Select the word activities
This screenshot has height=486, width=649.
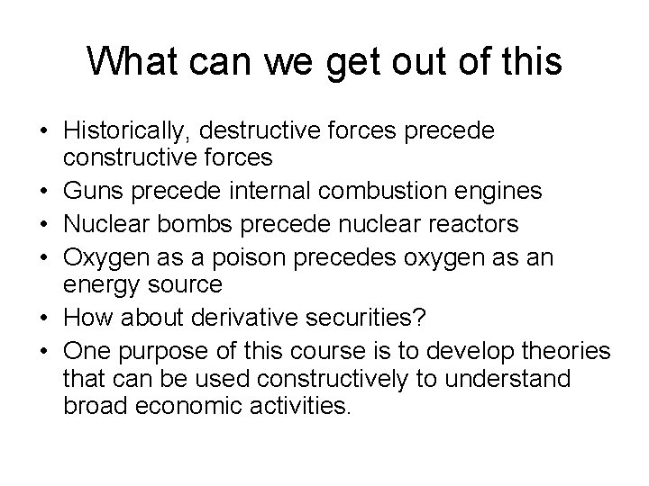tap(304, 407)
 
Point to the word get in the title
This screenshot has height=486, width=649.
tap(344, 63)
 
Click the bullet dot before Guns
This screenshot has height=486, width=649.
tap(44, 191)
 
